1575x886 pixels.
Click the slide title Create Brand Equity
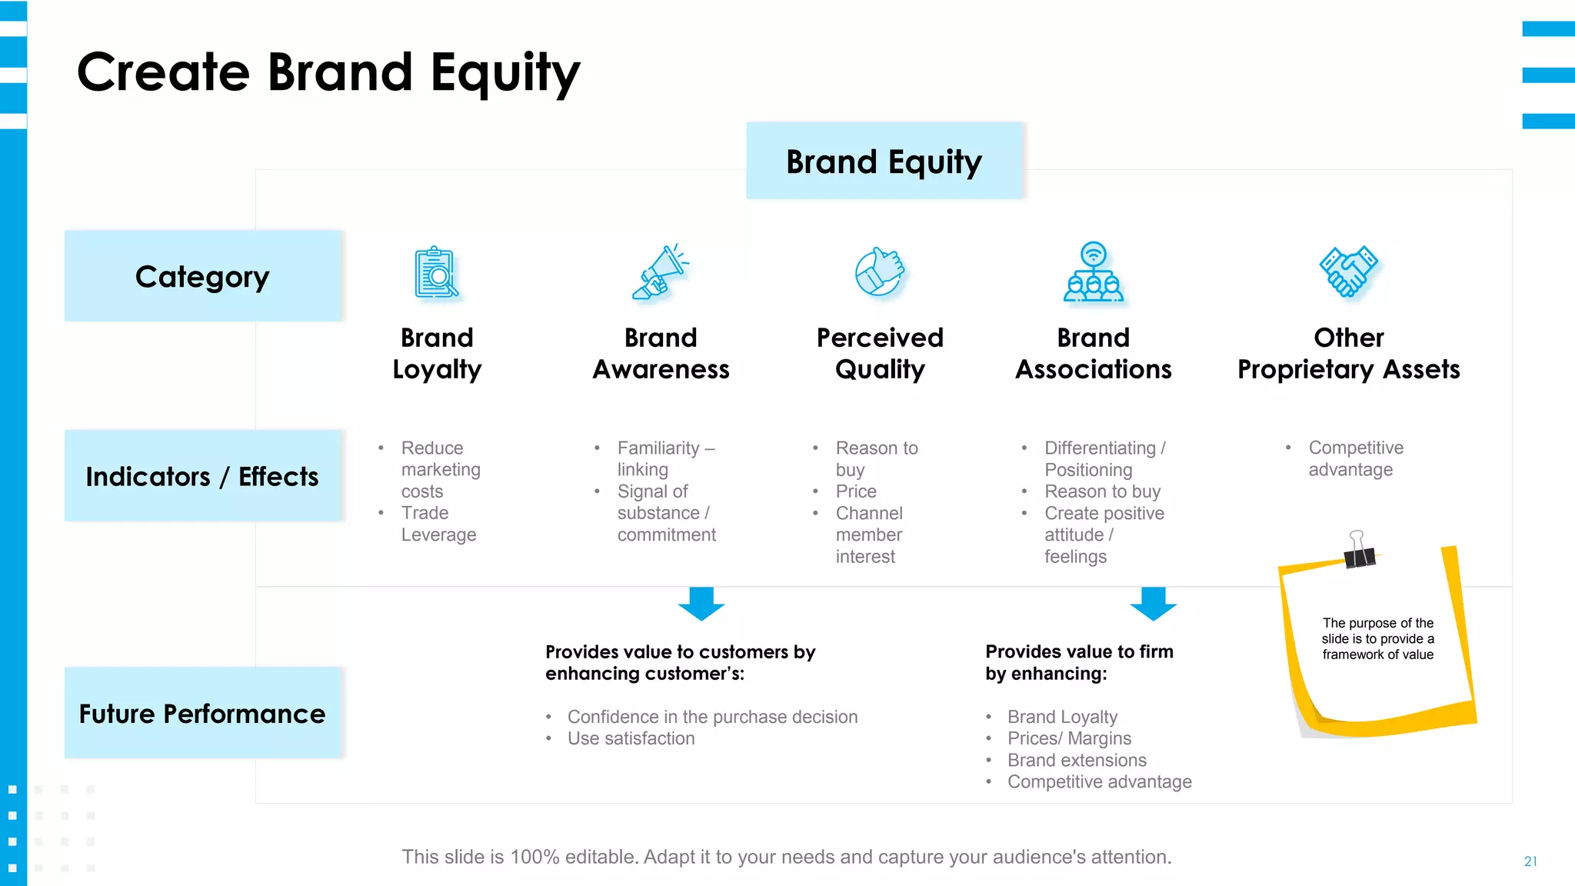[x=328, y=72]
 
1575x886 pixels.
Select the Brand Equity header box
[x=884, y=162]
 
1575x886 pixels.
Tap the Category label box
[x=202, y=276]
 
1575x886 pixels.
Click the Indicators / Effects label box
[x=202, y=476]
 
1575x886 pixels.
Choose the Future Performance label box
[x=202, y=713]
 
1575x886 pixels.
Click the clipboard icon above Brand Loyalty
[x=436, y=273]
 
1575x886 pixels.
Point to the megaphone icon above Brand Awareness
[x=660, y=273]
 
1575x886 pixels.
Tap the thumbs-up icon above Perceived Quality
[x=880, y=271]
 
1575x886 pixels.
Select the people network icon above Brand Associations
[x=1093, y=273]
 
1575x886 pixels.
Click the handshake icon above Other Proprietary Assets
[x=1348, y=271]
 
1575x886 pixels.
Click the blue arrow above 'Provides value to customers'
[x=701, y=604]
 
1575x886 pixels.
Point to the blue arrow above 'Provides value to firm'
[x=1153, y=604]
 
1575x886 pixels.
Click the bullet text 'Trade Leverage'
[x=438, y=524]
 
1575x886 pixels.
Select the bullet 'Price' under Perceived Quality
[x=856, y=491]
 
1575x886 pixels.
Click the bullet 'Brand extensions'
[x=1077, y=760]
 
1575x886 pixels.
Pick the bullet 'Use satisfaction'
[x=631, y=738]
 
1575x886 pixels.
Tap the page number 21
[x=1530, y=861]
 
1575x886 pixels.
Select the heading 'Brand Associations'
[x=1093, y=354]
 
